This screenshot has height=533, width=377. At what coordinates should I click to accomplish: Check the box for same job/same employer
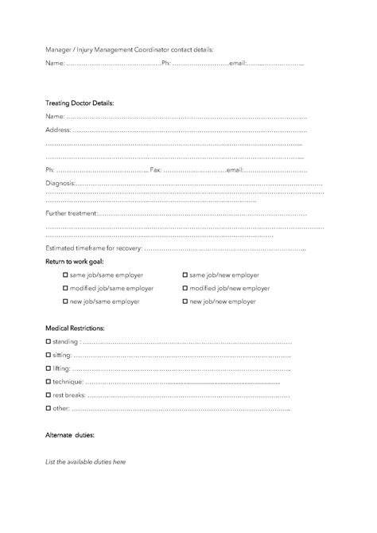click(x=66, y=274)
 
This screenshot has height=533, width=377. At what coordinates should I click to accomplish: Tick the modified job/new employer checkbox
click(x=185, y=288)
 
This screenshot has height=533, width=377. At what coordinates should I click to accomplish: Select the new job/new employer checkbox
click(x=185, y=302)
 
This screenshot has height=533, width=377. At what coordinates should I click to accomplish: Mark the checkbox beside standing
click(x=49, y=341)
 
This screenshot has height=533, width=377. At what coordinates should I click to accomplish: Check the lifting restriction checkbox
click(x=49, y=368)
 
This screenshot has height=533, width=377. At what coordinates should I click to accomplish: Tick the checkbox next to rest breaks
click(x=49, y=395)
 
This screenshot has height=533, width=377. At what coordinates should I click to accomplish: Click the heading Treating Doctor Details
click(x=80, y=103)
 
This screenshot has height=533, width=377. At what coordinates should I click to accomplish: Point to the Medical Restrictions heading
click(x=75, y=328)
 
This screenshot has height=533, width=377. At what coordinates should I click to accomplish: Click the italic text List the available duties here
click(x=85, y=461)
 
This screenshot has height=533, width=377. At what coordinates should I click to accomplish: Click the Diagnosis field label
click(x=60, y=184)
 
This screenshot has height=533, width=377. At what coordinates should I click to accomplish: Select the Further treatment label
click(x=72, y=213)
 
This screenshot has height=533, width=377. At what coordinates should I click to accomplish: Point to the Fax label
click(x=155, y=169)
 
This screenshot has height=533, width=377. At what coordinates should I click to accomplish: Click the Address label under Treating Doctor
click(x=57, y=129)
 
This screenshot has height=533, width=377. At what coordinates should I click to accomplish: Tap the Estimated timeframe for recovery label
click(x=94, y=249)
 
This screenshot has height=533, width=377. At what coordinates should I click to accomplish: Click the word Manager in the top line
click(x=59, y=49)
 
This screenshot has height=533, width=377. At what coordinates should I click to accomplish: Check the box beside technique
click(x=49, y=382)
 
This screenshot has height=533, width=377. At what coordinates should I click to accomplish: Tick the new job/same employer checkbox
click(x=66, y=302)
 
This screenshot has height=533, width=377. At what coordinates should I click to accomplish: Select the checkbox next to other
click(x=49, y=409)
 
